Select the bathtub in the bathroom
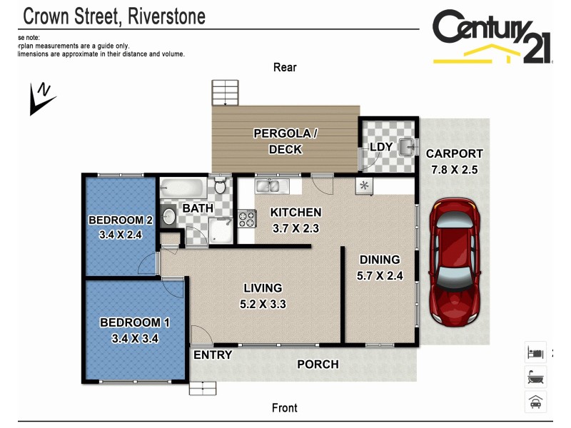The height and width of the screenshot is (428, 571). pyautogui.click(x=183, y=189)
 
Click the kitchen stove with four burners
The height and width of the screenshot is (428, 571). pyautogui.click(x=246, y=219)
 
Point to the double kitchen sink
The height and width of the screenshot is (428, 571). pyautogui.click(x=271, y=187)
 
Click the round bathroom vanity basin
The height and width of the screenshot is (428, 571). pyautogui.click(x=169, y=215)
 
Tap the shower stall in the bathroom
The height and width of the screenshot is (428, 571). pyautogui.click(x=221, y=230)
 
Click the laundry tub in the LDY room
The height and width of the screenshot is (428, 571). pyautogui.click(x=405, y=147)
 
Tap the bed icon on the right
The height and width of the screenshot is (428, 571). pyautogui.click(x=535, y=352)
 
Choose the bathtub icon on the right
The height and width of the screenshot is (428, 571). pyautogui.click(x=535, y=376)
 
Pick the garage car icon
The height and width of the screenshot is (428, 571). pyautogui.click(x=535, y=402)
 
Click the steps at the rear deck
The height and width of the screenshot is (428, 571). pyautogui.click(x=225, y=93)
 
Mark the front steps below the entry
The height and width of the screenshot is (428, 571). pyautogui.click(x=202, y=388)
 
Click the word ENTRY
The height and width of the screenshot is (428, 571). pyautogui.click(x=213, y=355)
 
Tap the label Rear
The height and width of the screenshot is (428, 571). pyautogui.click(x=285, y=68)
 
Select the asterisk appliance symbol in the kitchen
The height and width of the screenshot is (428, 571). pyautogui.click(x=364, y=186)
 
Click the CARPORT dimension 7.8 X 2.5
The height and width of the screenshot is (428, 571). pyautogui.click(x=455, y=170)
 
